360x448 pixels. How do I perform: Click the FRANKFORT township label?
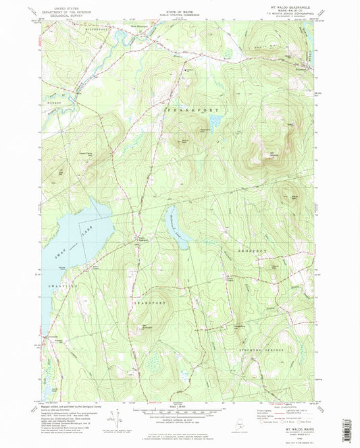[188, 107]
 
